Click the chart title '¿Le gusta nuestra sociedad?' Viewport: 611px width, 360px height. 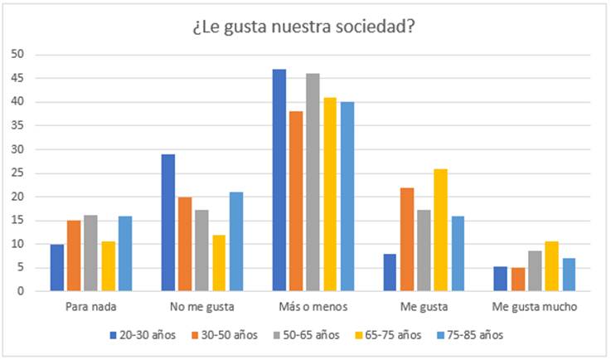click(305, 27)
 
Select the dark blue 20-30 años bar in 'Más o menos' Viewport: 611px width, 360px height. click(279, 180)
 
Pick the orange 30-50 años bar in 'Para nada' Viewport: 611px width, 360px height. click(74, 255)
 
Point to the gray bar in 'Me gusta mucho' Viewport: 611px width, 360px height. click(535, 270)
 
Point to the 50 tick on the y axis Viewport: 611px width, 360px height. click(17, 55)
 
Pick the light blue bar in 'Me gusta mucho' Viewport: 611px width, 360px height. click(569, 275)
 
